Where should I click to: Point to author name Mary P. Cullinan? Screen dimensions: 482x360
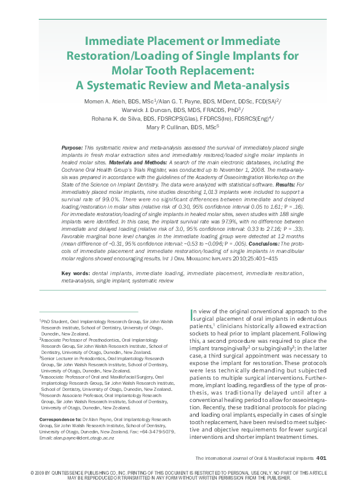(x=161, y=128)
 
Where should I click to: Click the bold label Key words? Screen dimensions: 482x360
(x=77, y=272)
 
